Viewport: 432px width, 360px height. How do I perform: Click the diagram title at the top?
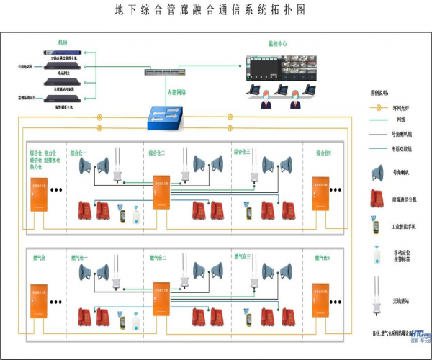point(210,10)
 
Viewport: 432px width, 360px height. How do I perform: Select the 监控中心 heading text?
point(276,44)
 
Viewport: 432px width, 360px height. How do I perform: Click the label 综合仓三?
point(242,153)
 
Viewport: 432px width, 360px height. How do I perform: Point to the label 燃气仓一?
point(79,257)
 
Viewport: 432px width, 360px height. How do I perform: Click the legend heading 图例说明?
point(380,94)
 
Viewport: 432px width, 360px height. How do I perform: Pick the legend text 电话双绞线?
point(402,150)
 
